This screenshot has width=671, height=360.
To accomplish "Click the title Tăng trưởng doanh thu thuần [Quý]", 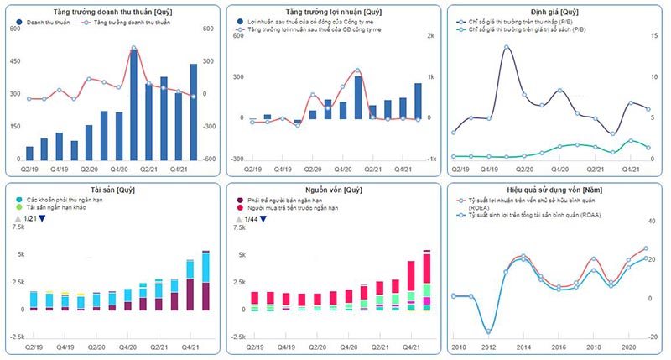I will (x=111, y=13).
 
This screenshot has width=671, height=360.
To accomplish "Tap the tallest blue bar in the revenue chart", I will (x=133, y=105).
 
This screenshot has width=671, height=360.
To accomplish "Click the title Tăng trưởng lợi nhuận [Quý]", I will (x=333, y=13).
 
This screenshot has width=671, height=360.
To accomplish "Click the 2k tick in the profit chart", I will (x=431, y=36).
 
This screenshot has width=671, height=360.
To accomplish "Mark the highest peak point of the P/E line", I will (x=507, y=47).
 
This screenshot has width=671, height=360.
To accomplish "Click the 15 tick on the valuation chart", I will (x=652, y=36).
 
